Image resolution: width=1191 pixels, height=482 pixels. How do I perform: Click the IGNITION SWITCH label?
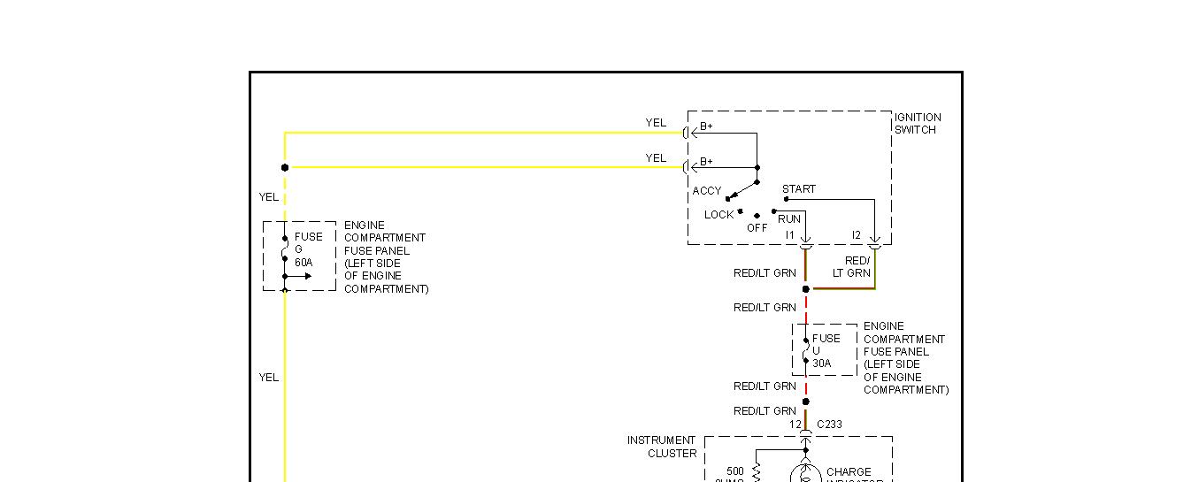[918, 124]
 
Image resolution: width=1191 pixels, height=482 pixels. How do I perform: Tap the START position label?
[799, 189]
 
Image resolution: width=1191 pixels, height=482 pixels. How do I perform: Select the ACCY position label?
[707, 191]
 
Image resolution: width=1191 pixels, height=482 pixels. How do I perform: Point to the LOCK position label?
[719, 215]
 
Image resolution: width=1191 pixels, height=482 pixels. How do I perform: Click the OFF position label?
[757, 227]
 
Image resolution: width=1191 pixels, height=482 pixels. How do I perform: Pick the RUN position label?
[789, 219]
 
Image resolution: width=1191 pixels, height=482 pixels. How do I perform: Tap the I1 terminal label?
[791, 235]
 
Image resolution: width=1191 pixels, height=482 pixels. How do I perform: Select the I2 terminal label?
[856, 235]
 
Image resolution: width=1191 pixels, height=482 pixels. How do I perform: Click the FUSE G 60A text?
[308, 249]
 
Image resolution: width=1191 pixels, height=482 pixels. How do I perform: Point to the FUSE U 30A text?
[826, 350]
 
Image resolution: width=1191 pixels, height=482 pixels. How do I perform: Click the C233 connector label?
[829, 425]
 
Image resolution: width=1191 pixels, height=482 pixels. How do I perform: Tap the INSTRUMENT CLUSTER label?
[662, 447]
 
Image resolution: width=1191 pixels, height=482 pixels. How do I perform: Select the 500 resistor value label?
[735, 471]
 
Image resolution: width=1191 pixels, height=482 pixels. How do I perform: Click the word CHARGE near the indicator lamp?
[849, 472]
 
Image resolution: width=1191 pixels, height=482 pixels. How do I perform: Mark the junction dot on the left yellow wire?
[285, 167]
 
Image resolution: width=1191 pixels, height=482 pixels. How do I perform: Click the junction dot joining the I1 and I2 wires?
[805, 289]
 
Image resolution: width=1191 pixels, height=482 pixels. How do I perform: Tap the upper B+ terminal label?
[706, 126]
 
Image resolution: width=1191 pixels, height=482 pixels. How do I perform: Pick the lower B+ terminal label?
[706, 162]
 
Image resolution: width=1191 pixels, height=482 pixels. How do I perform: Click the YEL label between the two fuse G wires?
[269, 197]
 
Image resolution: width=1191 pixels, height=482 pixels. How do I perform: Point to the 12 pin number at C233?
[795, 425]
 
